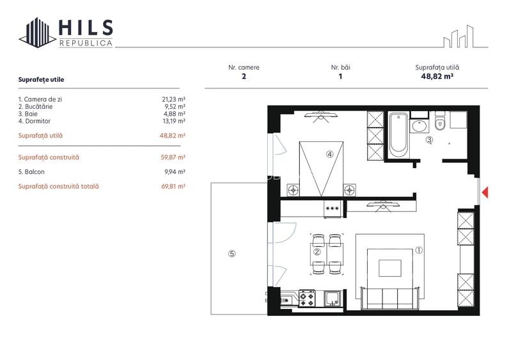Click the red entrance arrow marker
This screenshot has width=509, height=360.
point(485,191)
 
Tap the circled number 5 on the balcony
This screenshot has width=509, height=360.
point(232,253)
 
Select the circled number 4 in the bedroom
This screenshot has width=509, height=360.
point(329,153)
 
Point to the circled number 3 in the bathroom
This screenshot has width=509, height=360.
point(429,140)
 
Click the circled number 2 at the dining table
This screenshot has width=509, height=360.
point(317,252)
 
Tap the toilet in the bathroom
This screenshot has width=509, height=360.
point(439,122)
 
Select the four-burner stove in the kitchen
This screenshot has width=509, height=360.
point(307,297)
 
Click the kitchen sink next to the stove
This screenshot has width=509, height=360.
point(332,297)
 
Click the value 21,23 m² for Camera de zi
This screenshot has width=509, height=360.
point(173,99)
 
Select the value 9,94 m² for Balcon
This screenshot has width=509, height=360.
point(175,172)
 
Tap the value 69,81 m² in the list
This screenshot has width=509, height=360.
point(173,187)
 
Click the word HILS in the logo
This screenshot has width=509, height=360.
point(86,27)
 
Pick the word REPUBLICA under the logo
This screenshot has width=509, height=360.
point(86,43)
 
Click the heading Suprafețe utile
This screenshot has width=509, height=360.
point(42,80)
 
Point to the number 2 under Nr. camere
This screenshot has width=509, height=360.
point(244,76)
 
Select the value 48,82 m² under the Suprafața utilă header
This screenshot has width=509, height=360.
point(437,76)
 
